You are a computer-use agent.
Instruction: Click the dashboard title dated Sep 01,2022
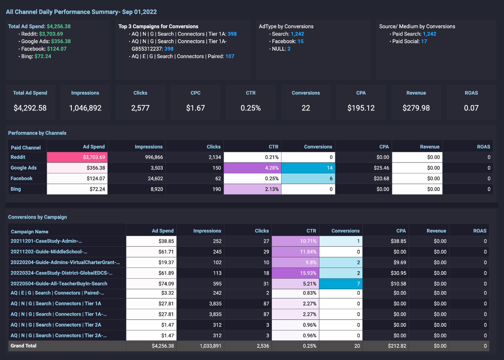pos(81,12)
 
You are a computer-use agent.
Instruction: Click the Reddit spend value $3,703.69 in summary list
pos(51,34)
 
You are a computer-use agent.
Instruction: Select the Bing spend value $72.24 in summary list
pos(43,56)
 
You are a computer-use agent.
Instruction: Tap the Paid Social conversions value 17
pos(424,42)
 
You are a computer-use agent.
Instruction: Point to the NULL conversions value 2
pos(289,49)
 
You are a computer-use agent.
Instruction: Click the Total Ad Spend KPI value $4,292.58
pos(30,108)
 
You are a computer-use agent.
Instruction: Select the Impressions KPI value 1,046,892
pos(85,108)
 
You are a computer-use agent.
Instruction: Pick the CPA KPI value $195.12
pos(361,108)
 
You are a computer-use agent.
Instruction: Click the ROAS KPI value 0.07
pos(471,108)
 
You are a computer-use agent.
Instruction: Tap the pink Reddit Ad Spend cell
pos(77,157)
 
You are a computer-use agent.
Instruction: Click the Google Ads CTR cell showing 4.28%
pos(253,168)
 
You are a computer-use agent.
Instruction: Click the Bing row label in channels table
pos(16,189)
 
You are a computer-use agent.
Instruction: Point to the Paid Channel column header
pos(26,147)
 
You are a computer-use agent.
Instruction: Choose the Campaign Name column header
pos(30,232)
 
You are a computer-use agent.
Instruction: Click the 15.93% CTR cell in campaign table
pos(295,273)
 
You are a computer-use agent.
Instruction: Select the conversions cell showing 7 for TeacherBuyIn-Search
pos(341,284)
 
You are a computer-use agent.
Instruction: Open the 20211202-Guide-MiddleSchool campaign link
pos(49,252)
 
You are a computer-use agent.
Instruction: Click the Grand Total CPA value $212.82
pos(397,346)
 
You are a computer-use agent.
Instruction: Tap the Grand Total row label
pos(24,346)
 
